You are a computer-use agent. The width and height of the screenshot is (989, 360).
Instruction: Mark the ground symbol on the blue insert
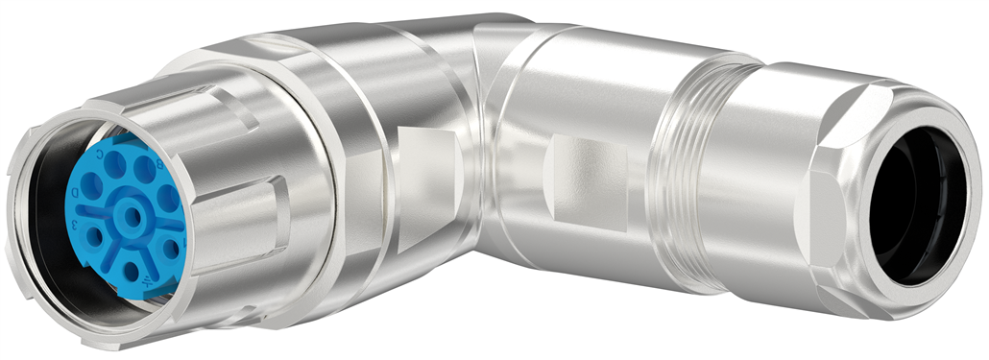point(146,281)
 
